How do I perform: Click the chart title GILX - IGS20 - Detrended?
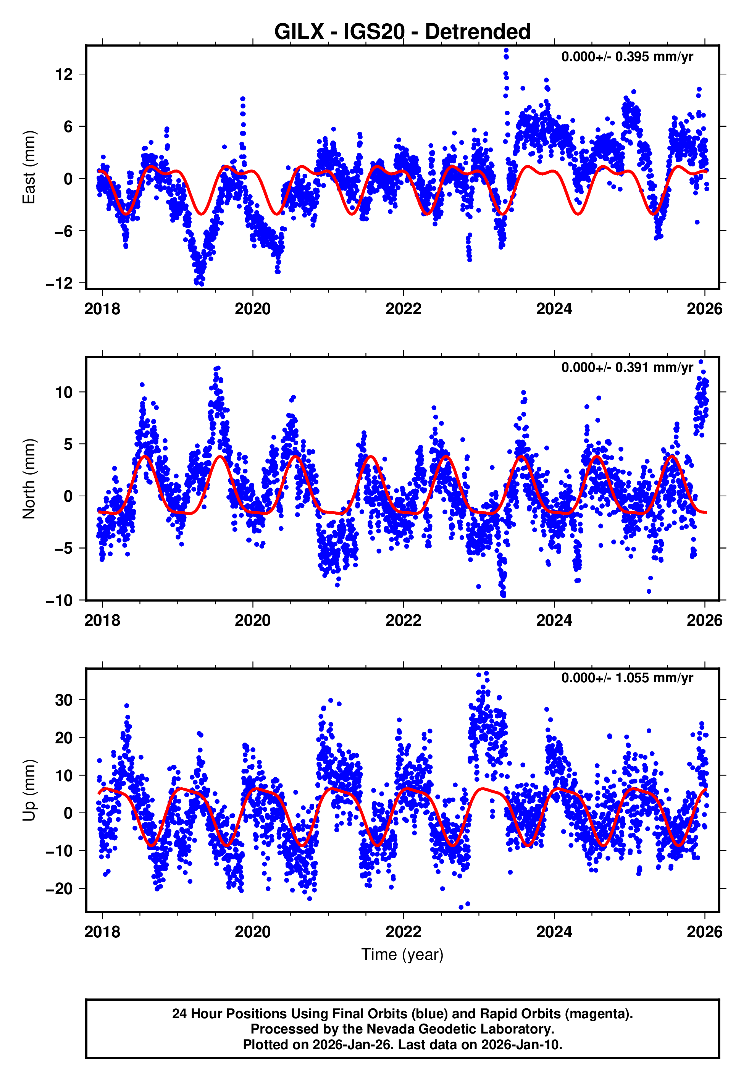402,32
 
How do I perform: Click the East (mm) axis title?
29,168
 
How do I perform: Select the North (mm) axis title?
29,479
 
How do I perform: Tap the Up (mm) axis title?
29,790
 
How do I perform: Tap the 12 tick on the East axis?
64,74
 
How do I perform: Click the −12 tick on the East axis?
60,283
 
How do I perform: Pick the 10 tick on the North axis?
64,392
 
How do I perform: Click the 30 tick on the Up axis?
64,700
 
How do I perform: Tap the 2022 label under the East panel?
403,309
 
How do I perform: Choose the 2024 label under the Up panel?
554,932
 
